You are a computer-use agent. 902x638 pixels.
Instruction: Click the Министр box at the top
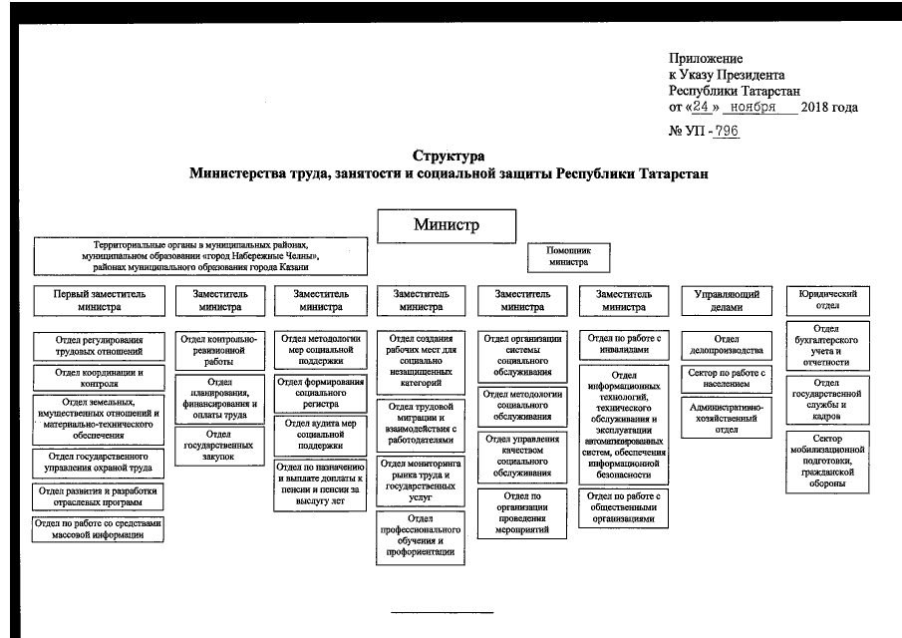pos(446,224)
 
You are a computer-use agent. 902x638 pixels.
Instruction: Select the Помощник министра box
pos(569,257)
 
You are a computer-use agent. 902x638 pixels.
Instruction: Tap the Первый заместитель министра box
pos(99,300)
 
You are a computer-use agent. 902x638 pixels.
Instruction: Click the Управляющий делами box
pos(727,301)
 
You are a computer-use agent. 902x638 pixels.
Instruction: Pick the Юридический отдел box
pos(827,300)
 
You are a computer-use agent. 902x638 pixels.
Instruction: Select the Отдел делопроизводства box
pos(727,345)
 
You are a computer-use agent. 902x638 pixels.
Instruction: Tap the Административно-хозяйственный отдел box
pos(727,418)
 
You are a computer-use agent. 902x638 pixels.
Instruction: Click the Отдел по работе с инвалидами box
pos(625,344)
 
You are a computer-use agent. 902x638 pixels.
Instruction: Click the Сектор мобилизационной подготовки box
pos(827,461)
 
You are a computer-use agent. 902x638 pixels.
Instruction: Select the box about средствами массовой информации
pos(99,528)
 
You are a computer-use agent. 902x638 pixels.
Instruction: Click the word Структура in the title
pos(449,157)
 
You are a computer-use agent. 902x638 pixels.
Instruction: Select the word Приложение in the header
pos(706,59)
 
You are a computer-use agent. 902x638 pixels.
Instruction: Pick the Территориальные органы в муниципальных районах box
pos(201,255)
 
